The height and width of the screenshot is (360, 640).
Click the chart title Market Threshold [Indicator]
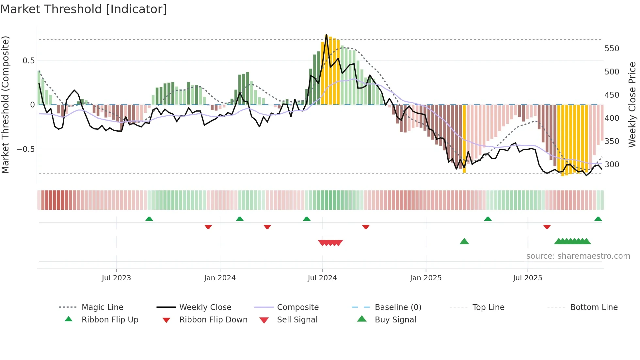pos(84,9)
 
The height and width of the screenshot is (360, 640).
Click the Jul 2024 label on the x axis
pos(322,278)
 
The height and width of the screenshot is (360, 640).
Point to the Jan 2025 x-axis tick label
pos(425,278)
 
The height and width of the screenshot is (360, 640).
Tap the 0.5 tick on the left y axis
pos(28,61)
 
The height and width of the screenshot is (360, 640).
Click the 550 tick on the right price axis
pos(612,49)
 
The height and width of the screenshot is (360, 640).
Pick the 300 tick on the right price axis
pos(612,165)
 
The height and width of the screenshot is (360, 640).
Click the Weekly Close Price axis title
pos(632,105)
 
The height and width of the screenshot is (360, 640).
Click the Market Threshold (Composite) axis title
pos(5,105)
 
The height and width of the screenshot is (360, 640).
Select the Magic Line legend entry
pos(102,307)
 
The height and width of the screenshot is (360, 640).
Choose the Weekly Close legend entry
pos(205,307)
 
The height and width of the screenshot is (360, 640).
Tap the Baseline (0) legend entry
pos(398,307)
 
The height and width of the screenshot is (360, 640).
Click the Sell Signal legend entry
pos(297,320)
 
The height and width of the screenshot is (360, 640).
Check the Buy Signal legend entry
pos(395,320)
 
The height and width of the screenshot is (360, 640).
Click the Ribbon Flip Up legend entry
pos(110,320)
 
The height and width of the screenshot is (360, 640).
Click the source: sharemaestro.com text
pos(578,256)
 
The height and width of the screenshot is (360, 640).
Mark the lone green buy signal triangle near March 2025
pos(464,241)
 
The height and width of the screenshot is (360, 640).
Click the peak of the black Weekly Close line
pos(326,34)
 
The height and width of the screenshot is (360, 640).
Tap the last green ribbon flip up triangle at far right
pos(598,219)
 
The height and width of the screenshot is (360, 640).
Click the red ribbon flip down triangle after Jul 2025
pos(547,227)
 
